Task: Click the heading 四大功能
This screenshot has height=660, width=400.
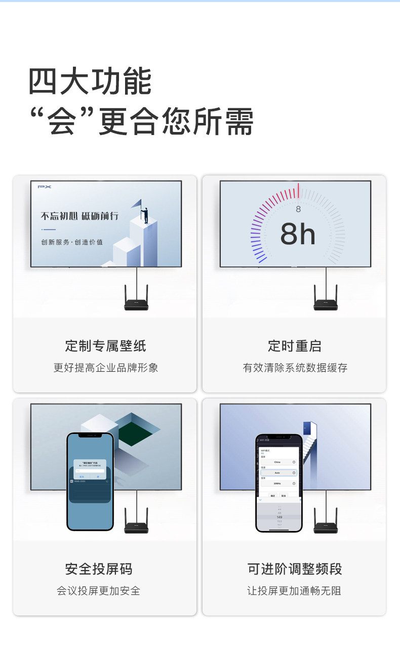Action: (x=90, y=82)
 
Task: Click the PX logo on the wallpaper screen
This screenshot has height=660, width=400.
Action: (x=45, y=187)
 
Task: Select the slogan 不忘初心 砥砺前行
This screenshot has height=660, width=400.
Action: (x=79, y=216)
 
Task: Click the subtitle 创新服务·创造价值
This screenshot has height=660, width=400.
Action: (x=72, y=242)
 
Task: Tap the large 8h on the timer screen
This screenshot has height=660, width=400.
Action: (x=298, y=234)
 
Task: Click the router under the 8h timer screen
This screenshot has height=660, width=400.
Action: (x=325, y=303)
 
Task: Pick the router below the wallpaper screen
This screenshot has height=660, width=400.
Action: (x=136, y=303)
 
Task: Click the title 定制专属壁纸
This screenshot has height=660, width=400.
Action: (x=105, y=346)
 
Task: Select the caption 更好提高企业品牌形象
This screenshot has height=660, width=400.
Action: (x=105, y=368)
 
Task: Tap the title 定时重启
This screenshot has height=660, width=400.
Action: (x=295, y=346)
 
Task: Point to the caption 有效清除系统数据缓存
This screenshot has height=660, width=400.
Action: (x=295, y=368)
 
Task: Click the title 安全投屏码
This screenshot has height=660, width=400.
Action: (x=99, y=569)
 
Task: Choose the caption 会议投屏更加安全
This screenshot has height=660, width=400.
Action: (x=99, y=591)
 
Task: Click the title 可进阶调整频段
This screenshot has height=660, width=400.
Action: (x=295, y=569)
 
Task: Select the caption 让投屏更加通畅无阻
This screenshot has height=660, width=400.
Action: (x=295, y=591)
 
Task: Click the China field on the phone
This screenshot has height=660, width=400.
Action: (x=277, y=462)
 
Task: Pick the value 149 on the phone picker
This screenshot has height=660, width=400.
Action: (x=279, y=517)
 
